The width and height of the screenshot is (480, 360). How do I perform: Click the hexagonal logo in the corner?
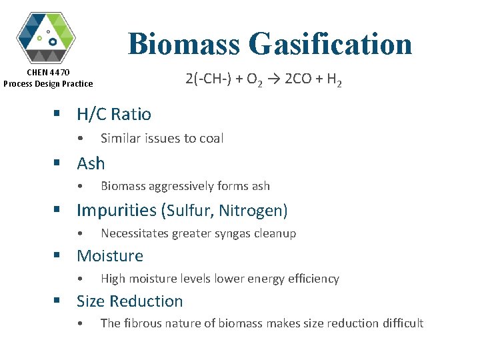point(46,37)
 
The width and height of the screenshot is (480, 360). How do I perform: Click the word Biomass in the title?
point(185,44)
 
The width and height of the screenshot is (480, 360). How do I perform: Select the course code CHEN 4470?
point(48,72)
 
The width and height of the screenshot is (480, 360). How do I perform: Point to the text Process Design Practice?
point(48,83)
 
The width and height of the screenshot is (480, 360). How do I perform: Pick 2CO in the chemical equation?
point(297,80)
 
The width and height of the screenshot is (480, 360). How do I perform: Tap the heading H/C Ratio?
point(114,114)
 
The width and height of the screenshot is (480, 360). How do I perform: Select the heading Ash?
point(91,163)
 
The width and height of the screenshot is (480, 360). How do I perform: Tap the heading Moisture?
point(110,256)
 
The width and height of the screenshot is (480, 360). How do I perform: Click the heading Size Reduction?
point(129,301)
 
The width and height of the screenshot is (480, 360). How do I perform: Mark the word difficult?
point(403,323)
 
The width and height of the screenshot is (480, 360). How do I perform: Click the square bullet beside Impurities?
point(59,211)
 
